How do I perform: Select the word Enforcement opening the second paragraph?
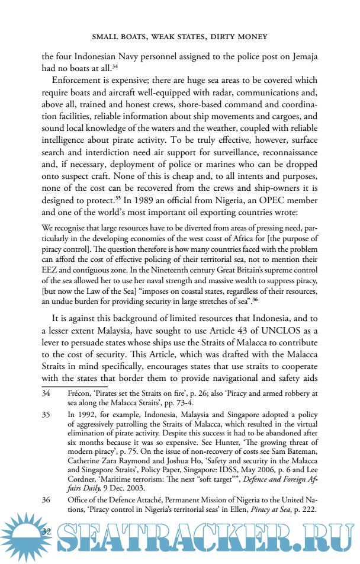79,80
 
